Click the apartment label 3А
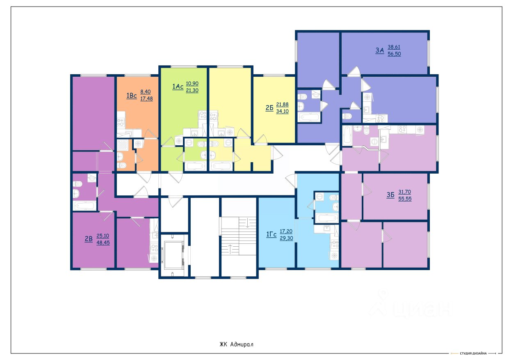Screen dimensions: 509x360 [x=379, y=50]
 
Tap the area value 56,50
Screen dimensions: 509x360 [x=394, y=54]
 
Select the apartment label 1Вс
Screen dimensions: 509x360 [x=132, y=96]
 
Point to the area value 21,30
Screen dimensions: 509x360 [x=192, y=90]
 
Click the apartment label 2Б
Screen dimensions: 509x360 [x=269, y=108]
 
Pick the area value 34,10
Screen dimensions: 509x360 [x=282, y=111]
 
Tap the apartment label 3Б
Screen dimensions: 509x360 [x=390, y=195]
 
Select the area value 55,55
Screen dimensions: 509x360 [x=405, y=199]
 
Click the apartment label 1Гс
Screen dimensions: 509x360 [x=271, y=234]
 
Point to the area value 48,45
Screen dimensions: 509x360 [x=103, y=243]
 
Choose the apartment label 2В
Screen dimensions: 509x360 [x=89, y=239]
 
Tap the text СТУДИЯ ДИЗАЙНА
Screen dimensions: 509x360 [x=473, y=353]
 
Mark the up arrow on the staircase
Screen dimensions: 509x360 [x=230, y=249]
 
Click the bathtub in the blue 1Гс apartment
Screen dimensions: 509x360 [x=326, y=218]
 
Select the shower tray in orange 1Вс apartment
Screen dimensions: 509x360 [x=123, y=145]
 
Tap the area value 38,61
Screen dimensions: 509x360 [x=394, y=47]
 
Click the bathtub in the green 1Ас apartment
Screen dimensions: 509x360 [x=195, y=166]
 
